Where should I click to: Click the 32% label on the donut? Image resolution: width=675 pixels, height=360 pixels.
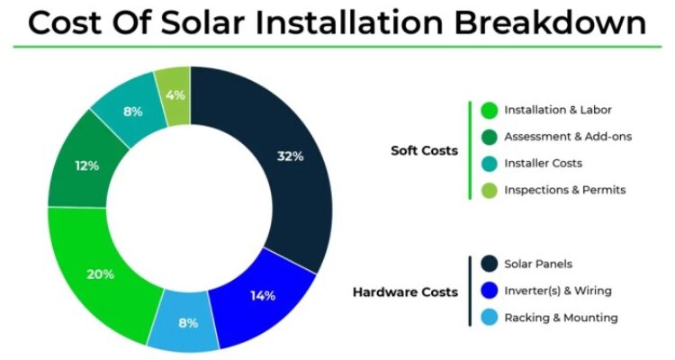(x=290, y=156)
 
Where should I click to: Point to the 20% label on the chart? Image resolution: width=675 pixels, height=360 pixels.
(x=101, y=274)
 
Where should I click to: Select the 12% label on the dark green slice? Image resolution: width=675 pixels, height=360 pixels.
(x=86, y=166)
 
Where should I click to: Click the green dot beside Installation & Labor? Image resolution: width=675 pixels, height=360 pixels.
(x=489, y=111)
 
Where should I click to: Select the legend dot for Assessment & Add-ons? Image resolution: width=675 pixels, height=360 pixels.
(x=489, y=137)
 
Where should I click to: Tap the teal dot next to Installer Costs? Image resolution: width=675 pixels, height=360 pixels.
(x=489, y=163)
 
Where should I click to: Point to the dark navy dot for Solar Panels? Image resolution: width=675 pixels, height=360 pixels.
(x=489, y=264)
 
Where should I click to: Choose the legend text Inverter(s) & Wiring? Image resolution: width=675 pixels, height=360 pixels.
(x=558, y=290)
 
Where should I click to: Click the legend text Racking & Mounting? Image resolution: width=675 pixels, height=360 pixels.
(x=561, y=317)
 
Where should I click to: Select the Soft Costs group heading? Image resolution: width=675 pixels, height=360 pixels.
(x=424, y=150)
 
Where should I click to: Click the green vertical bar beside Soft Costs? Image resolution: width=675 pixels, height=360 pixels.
(x=470, y=149)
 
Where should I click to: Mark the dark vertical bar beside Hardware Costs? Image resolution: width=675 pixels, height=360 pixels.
(x=470, y=291)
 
